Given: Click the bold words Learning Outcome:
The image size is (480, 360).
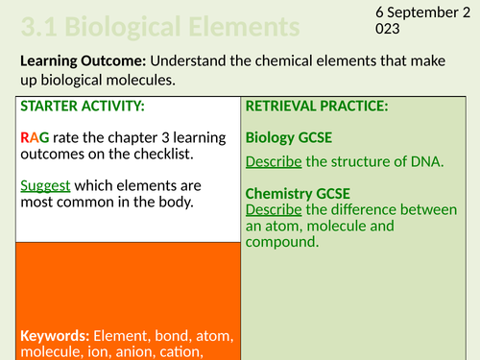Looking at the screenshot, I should [80, 60].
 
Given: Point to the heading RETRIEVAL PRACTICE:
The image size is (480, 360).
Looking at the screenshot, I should [317, 106].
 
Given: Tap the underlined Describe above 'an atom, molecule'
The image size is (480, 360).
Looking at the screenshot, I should [277, 208].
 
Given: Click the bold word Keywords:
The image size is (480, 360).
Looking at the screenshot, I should [55, 335].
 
